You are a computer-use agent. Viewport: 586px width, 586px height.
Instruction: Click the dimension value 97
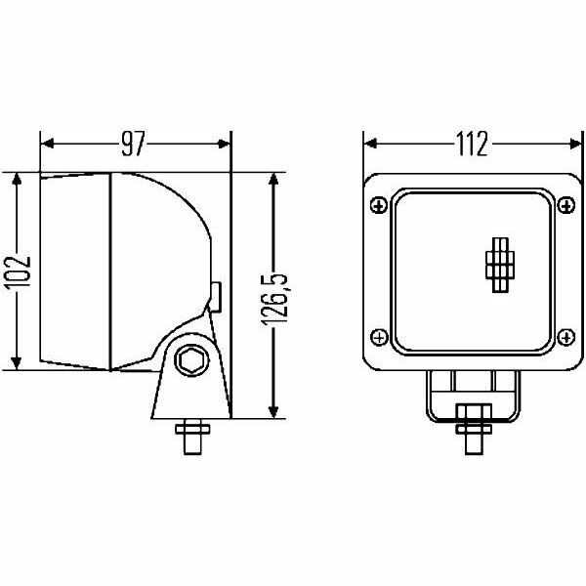(x=135, y=145)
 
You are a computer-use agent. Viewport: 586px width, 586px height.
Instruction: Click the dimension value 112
(x=470, y=145)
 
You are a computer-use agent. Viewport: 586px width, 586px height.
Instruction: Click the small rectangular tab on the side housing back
(x=216, y=293)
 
